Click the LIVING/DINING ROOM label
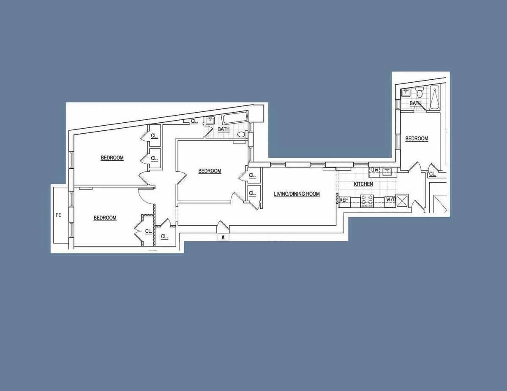tap(297, 194)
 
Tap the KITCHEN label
tap(363, 184)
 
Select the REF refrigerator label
tap(344, 200)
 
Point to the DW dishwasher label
tap(374, 170)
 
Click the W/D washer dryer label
tap(391, 200)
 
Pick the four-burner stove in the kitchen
tap(367, 201)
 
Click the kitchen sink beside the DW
tap(387, 171)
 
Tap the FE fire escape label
tap(58, 215)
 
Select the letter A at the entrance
tap(223, 237)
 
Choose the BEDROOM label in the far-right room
tap(417, 139)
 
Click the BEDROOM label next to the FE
tap(105, 218)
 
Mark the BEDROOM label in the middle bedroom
tap(210, 171)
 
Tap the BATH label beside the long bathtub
tap(224, 129)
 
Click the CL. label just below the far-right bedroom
tap(432, 174)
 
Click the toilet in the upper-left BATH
tap(241, 135)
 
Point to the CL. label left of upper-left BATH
tap(194, 121)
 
